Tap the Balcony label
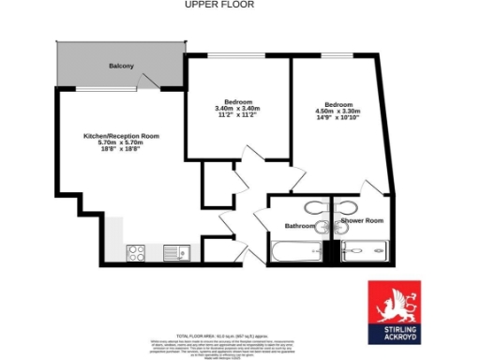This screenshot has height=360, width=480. [x=121, y=66]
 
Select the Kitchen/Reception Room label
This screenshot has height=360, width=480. [x=121, y=136]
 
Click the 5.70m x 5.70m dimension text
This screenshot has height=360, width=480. [x=121, y=142]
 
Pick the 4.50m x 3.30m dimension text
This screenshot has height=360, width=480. [x=338, y=111]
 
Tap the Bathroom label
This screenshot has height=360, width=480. [x=299, y=226]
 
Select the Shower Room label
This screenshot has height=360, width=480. [x=362, y=220]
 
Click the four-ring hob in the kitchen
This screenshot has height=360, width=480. [x=135, y=251]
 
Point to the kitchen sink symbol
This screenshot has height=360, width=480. [x=175, y=251]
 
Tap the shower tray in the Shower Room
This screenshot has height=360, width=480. [x=365, y=250]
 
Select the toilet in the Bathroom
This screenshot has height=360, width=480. [x=322, y=226]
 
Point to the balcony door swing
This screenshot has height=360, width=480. [x=150, y=86]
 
